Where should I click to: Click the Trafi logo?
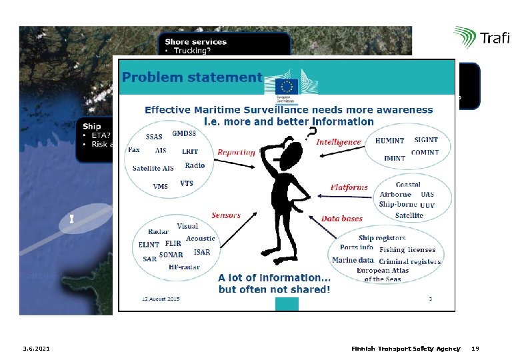(x=481, y=38)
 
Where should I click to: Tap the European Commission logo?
(x=288, y=89)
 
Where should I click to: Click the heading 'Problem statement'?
(x=192, y=77)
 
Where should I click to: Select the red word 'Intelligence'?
(x=338, y=142)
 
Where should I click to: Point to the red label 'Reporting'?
(x=236, y=152)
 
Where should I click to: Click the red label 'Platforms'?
(x=349, y=187)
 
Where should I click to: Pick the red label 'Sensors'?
(x=226, y=215)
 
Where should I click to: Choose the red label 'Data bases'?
(x=342, y=219)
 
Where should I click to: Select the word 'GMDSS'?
(x=183, y=133)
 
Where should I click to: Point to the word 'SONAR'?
(x=171, y=255)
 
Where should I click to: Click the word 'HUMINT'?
(x=389, y=141)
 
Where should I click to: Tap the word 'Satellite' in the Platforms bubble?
(x=409, y=215)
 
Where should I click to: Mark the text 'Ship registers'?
(x=381, y=237)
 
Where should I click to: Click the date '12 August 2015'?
(x=160, y=299)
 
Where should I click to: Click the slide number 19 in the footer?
(x=475, y=349)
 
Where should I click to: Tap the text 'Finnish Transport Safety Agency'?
(x=405, y=349)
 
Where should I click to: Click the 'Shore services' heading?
(x=195, y=41)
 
